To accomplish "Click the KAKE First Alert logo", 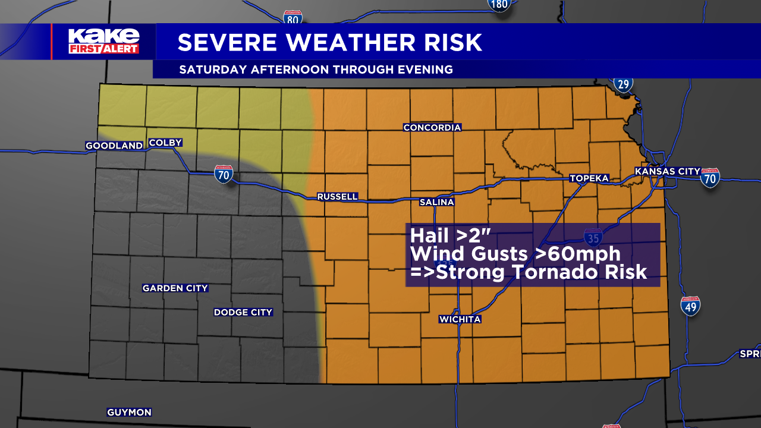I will click(x=103, y=41).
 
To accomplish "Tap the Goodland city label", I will click(x=114, y=146).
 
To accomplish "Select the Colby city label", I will click(x=165, y=143).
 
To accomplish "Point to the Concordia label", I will click(x=432, y=128).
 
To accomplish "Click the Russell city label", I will click(x=338, y=197).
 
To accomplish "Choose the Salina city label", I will click(x=437, y=202).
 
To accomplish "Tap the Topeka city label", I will click(x=589, y=178).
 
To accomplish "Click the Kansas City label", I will click(x=668, y=171).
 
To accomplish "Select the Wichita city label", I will click(x=460, y=319).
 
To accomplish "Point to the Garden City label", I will click(x=175, y=288).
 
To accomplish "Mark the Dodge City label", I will click(x=243, y=312).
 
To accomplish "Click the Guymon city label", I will click(x=129, y=412).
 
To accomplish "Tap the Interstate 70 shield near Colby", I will click(x=224, y=174).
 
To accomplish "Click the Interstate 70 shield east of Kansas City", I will click(x=710, y=178).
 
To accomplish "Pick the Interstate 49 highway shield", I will click(x=690, y=306).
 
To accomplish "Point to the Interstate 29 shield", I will click(x=623, y=84).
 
